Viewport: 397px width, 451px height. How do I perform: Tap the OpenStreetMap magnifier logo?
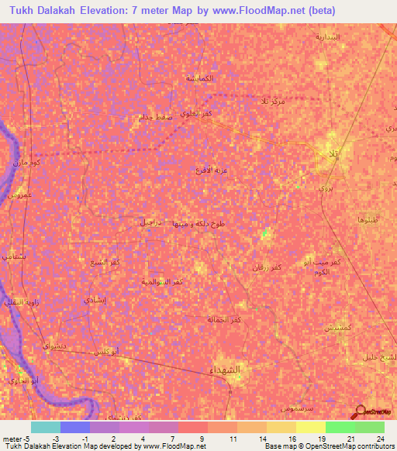360,411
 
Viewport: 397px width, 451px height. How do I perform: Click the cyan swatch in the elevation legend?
45,427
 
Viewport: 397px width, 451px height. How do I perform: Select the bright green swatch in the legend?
340,427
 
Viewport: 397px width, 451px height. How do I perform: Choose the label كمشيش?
339,329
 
